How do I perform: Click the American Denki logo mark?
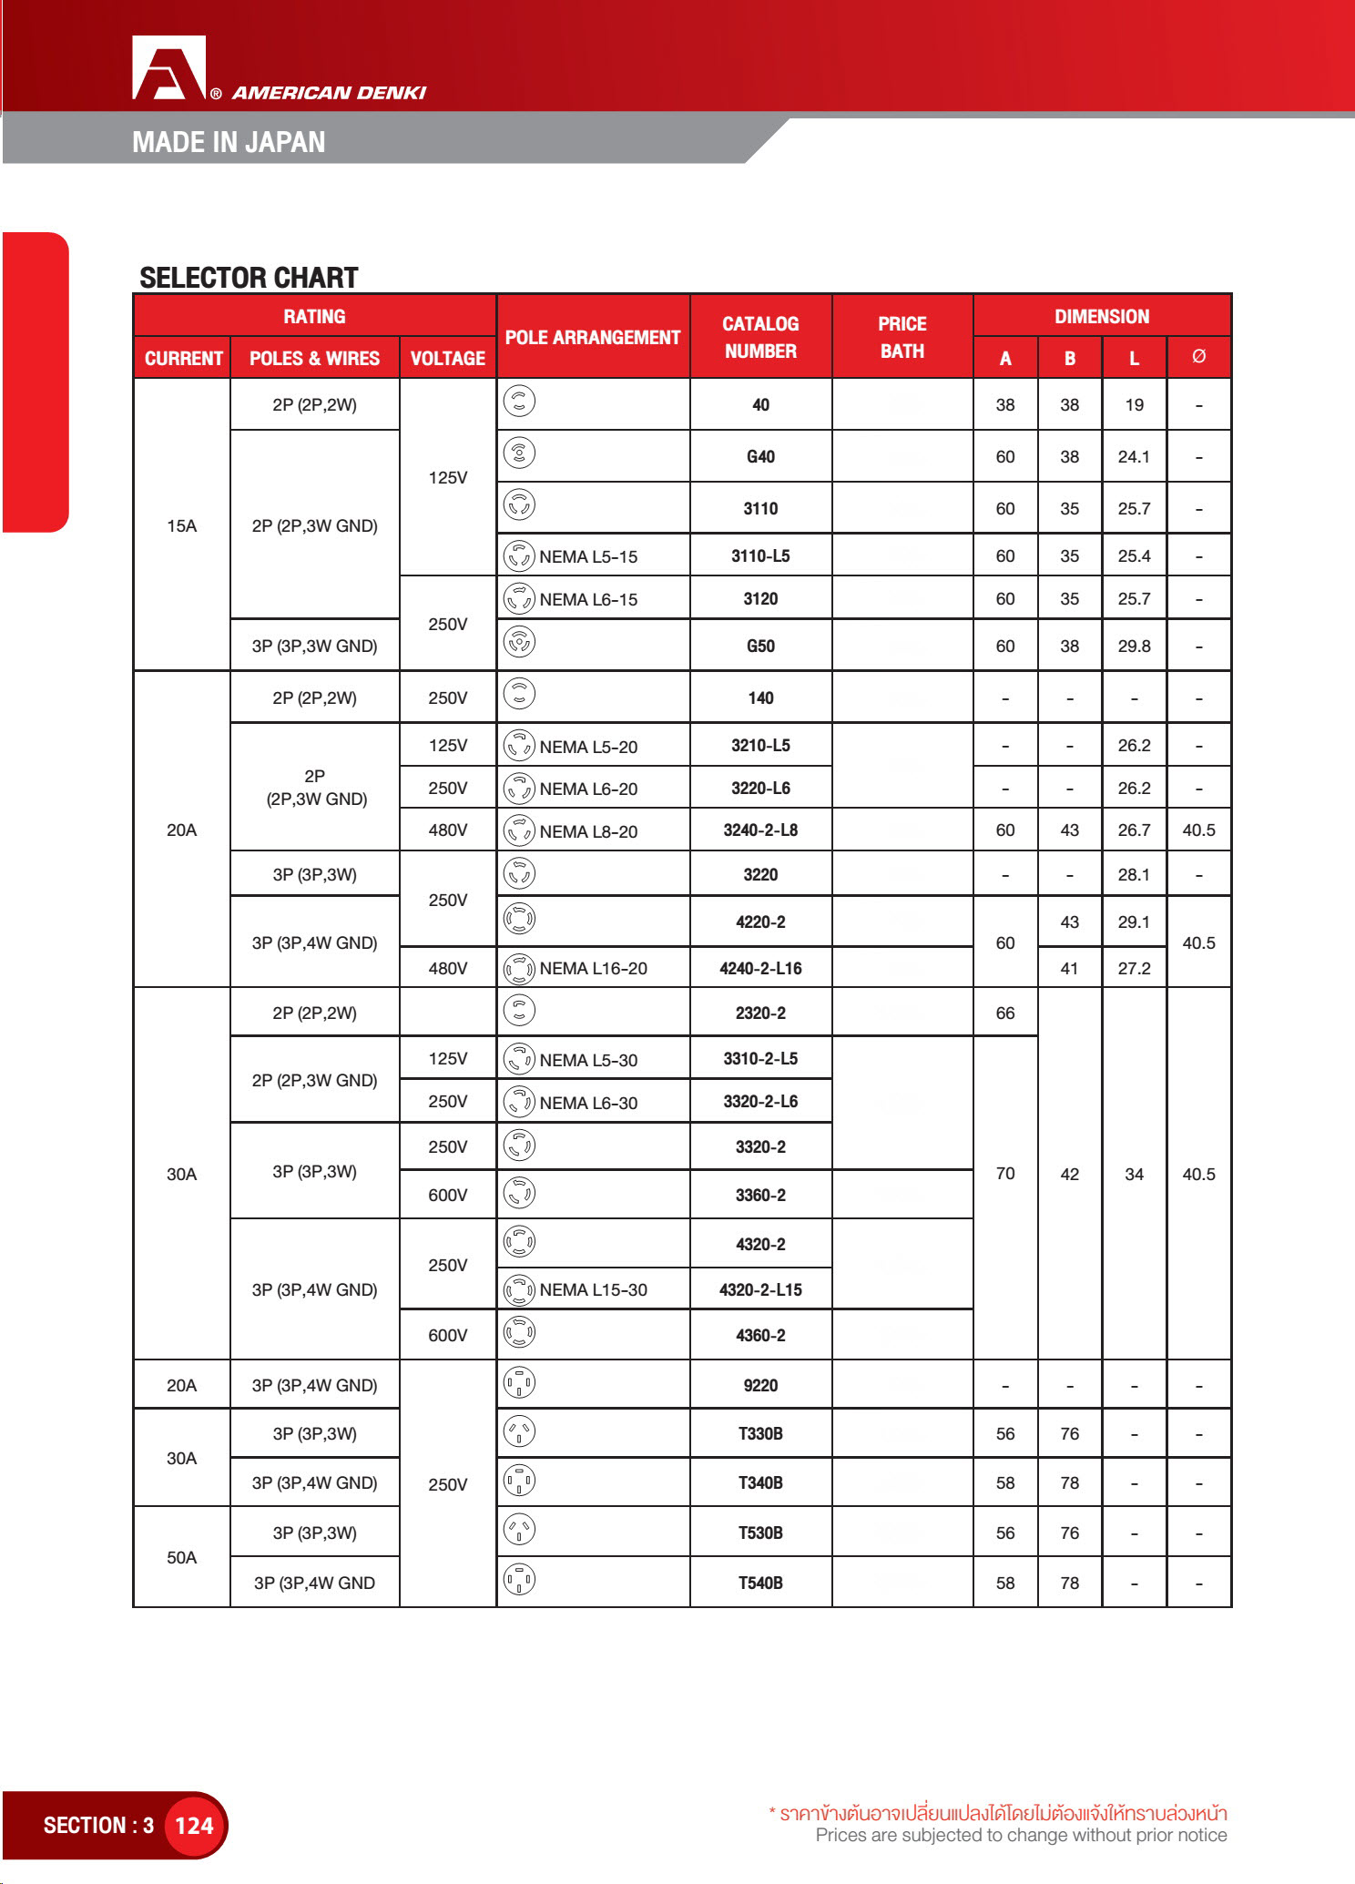[x=169, y=67]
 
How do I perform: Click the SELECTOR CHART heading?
[x=249, y=278]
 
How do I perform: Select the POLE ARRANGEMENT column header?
[x=593, y=337]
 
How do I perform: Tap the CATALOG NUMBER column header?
[x=760, y=337]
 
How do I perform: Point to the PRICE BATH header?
[x=902, y=337]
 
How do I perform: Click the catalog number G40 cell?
[x=760, y=457]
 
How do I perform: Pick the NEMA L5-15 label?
[x=588, y=556]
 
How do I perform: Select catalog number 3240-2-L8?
[x=760, y=830]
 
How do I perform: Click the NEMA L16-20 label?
[x=593, y=969]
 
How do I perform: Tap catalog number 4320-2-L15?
[x=760, y=1289]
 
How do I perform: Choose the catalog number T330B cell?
[x=760, y=1434]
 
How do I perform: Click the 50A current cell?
[x=181, y=1558]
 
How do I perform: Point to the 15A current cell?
[x=181, y=525]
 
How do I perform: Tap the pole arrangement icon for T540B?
[x=519, y=1581]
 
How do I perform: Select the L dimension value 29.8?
[x=1134, y=647]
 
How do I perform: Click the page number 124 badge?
[x=194, y=1826]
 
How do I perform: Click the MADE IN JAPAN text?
[x=229, y=142]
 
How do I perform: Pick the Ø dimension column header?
[x=1198, y=357]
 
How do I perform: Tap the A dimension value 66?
[x=1005, y=1013]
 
